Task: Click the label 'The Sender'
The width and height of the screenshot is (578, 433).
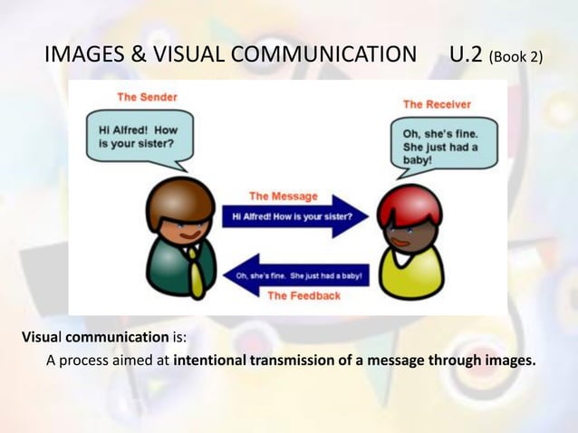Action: [146, 96]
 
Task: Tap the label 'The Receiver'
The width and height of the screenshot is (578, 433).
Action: [437, 104]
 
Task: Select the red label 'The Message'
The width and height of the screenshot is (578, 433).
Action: [284, 196]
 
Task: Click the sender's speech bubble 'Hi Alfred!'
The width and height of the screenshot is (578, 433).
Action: [140, 137]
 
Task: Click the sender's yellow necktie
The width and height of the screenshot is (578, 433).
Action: [197, 271]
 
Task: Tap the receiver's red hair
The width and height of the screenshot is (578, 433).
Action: [410, 203]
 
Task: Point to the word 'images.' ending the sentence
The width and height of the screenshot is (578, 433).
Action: [508, 362]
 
